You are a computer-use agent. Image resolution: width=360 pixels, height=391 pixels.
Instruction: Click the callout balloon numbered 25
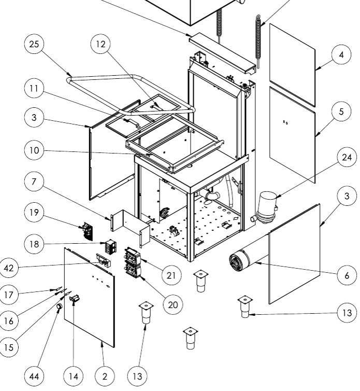click(x=34, y=45)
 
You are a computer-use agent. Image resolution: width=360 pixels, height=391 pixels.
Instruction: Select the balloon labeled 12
click(x=100, y=45)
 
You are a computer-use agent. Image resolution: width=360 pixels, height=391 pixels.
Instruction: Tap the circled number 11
click(x=34, y=89)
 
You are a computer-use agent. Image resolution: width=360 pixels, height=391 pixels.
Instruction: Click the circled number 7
click(x=34, y=182)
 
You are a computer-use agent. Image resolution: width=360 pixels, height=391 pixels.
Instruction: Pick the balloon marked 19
click(x=34, y=213)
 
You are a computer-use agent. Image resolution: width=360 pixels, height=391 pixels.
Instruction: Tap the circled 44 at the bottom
click(x=34, y=376)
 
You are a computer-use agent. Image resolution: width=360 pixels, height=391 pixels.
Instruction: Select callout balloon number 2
click(x=105, y=376)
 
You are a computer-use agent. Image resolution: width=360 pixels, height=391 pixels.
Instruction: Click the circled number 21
click(x=171, y=275)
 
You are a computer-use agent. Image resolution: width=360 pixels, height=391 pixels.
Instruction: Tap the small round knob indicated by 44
click(x=60, y=307)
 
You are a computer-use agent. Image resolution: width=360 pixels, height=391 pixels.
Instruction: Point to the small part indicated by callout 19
click(x=86, y=232)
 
